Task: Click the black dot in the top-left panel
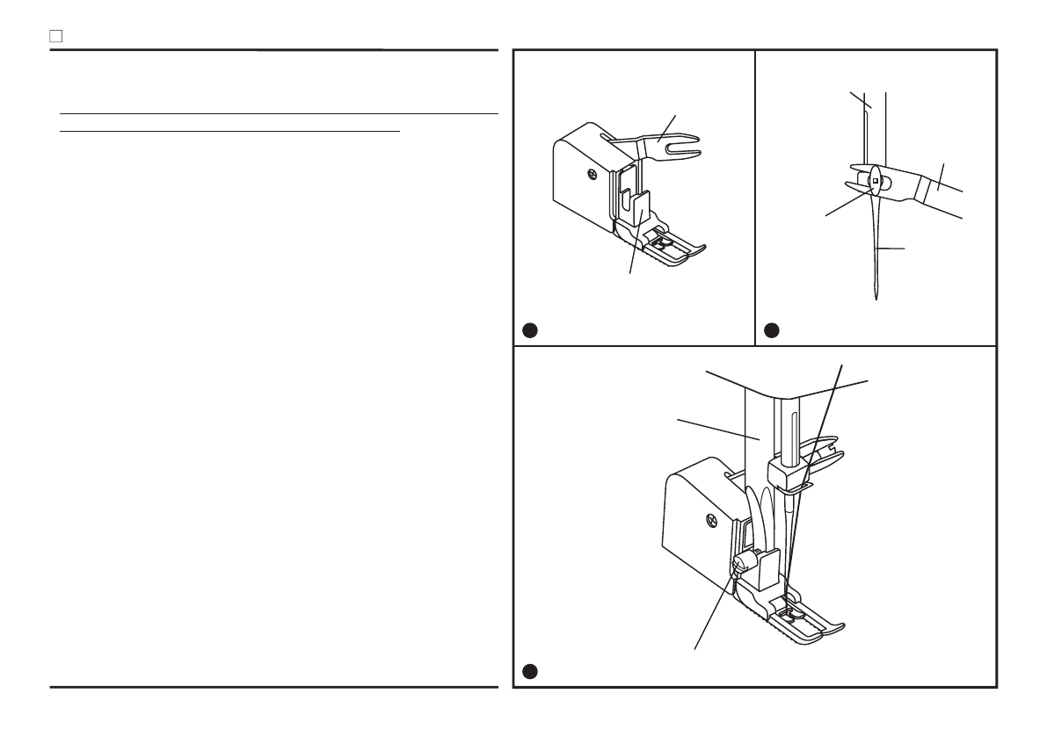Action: point(529,330)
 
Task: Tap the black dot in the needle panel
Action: point(771,330)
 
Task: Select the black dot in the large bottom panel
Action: point(529,672)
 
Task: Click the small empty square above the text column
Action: point(55,38)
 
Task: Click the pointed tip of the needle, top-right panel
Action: point(877,300)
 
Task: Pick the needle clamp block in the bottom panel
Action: point(787,474)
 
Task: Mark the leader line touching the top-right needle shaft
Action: point(890,249)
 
